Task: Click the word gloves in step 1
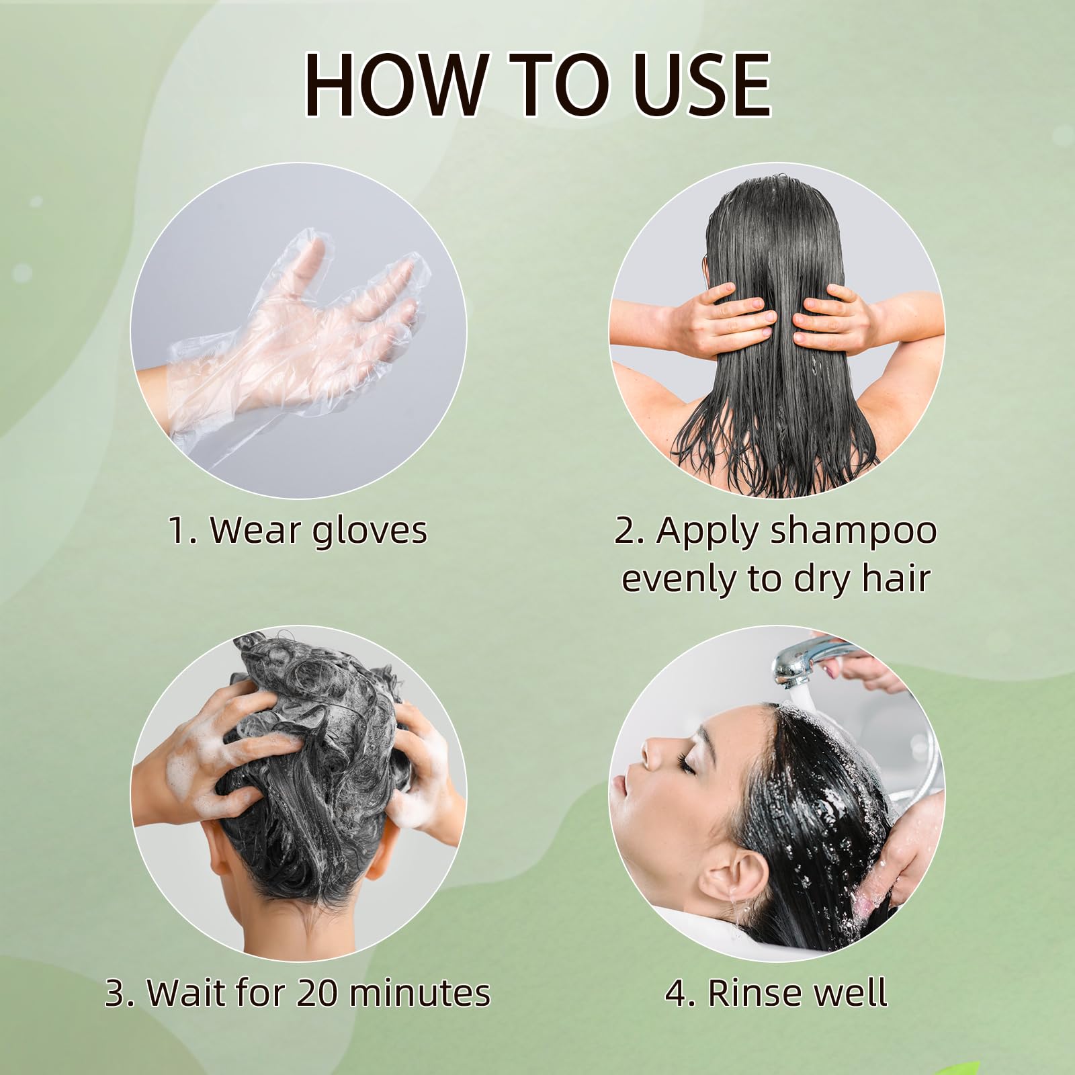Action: coord(370,531)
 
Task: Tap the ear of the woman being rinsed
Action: coord(739,873)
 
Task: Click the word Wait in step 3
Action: coord(177,993)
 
